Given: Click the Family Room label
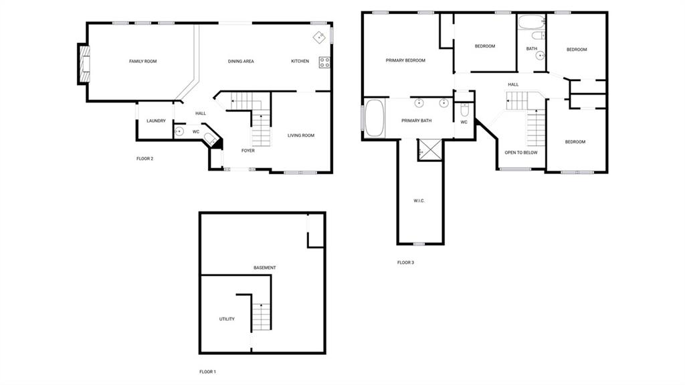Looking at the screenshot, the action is (143, 61).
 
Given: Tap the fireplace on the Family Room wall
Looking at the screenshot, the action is (84, 64).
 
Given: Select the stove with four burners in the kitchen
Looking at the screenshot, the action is (324, 62).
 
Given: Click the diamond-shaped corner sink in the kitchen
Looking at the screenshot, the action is (319, 37).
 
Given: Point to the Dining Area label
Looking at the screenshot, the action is (241, 61).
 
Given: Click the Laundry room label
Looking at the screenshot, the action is (156, 121).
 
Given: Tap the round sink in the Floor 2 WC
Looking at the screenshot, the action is (179, 131).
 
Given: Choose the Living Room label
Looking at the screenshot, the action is (301, 136).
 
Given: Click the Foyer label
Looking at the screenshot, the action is (248, 151).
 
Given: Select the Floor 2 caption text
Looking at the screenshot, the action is (144, 159).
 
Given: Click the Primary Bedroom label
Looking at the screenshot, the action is (405, 60).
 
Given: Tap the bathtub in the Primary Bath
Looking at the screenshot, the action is (375, 118).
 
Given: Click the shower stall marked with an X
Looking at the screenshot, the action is (430, 149).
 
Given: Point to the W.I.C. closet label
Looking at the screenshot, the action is (419, 201).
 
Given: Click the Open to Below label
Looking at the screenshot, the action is (521, 153).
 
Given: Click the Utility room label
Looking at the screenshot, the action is (227, 319).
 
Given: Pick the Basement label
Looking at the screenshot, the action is (265, 268).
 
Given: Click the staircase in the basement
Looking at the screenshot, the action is (262, 317).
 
